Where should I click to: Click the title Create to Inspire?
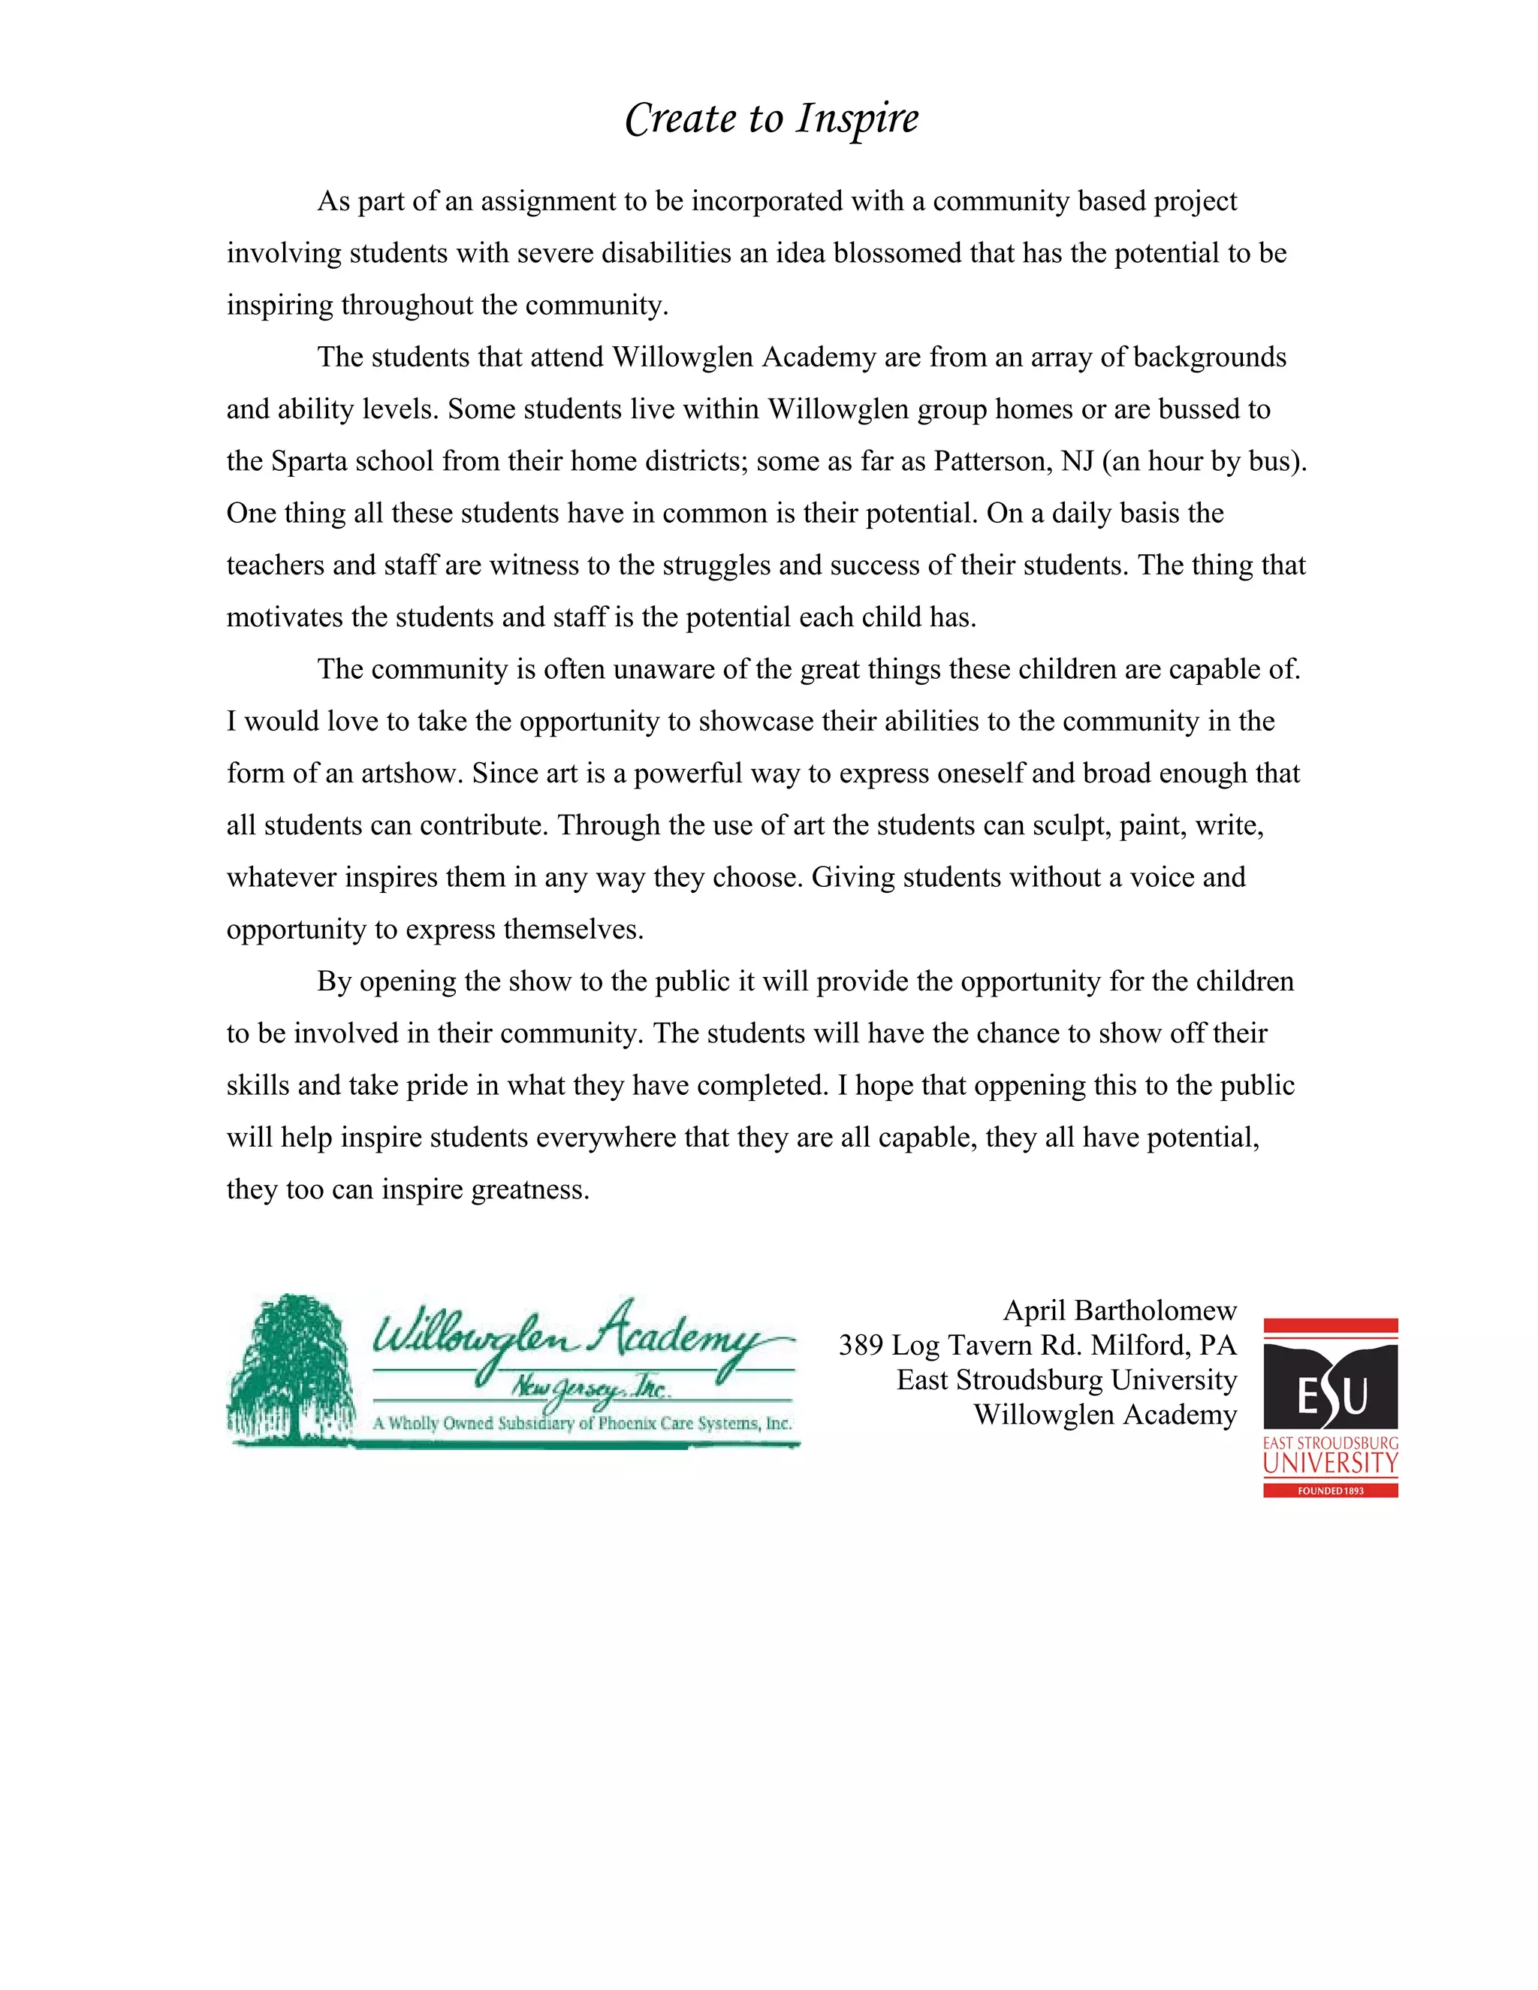coord(772,119)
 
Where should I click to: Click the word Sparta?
coord(309,461)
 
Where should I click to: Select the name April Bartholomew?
coord(1120,1310)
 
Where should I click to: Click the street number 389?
coord(860,1345)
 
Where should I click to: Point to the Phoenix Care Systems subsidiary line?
coord(582,1423)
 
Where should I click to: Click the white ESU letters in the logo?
coord(1330,1395)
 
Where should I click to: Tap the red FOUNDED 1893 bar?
coord(1330,1491)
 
